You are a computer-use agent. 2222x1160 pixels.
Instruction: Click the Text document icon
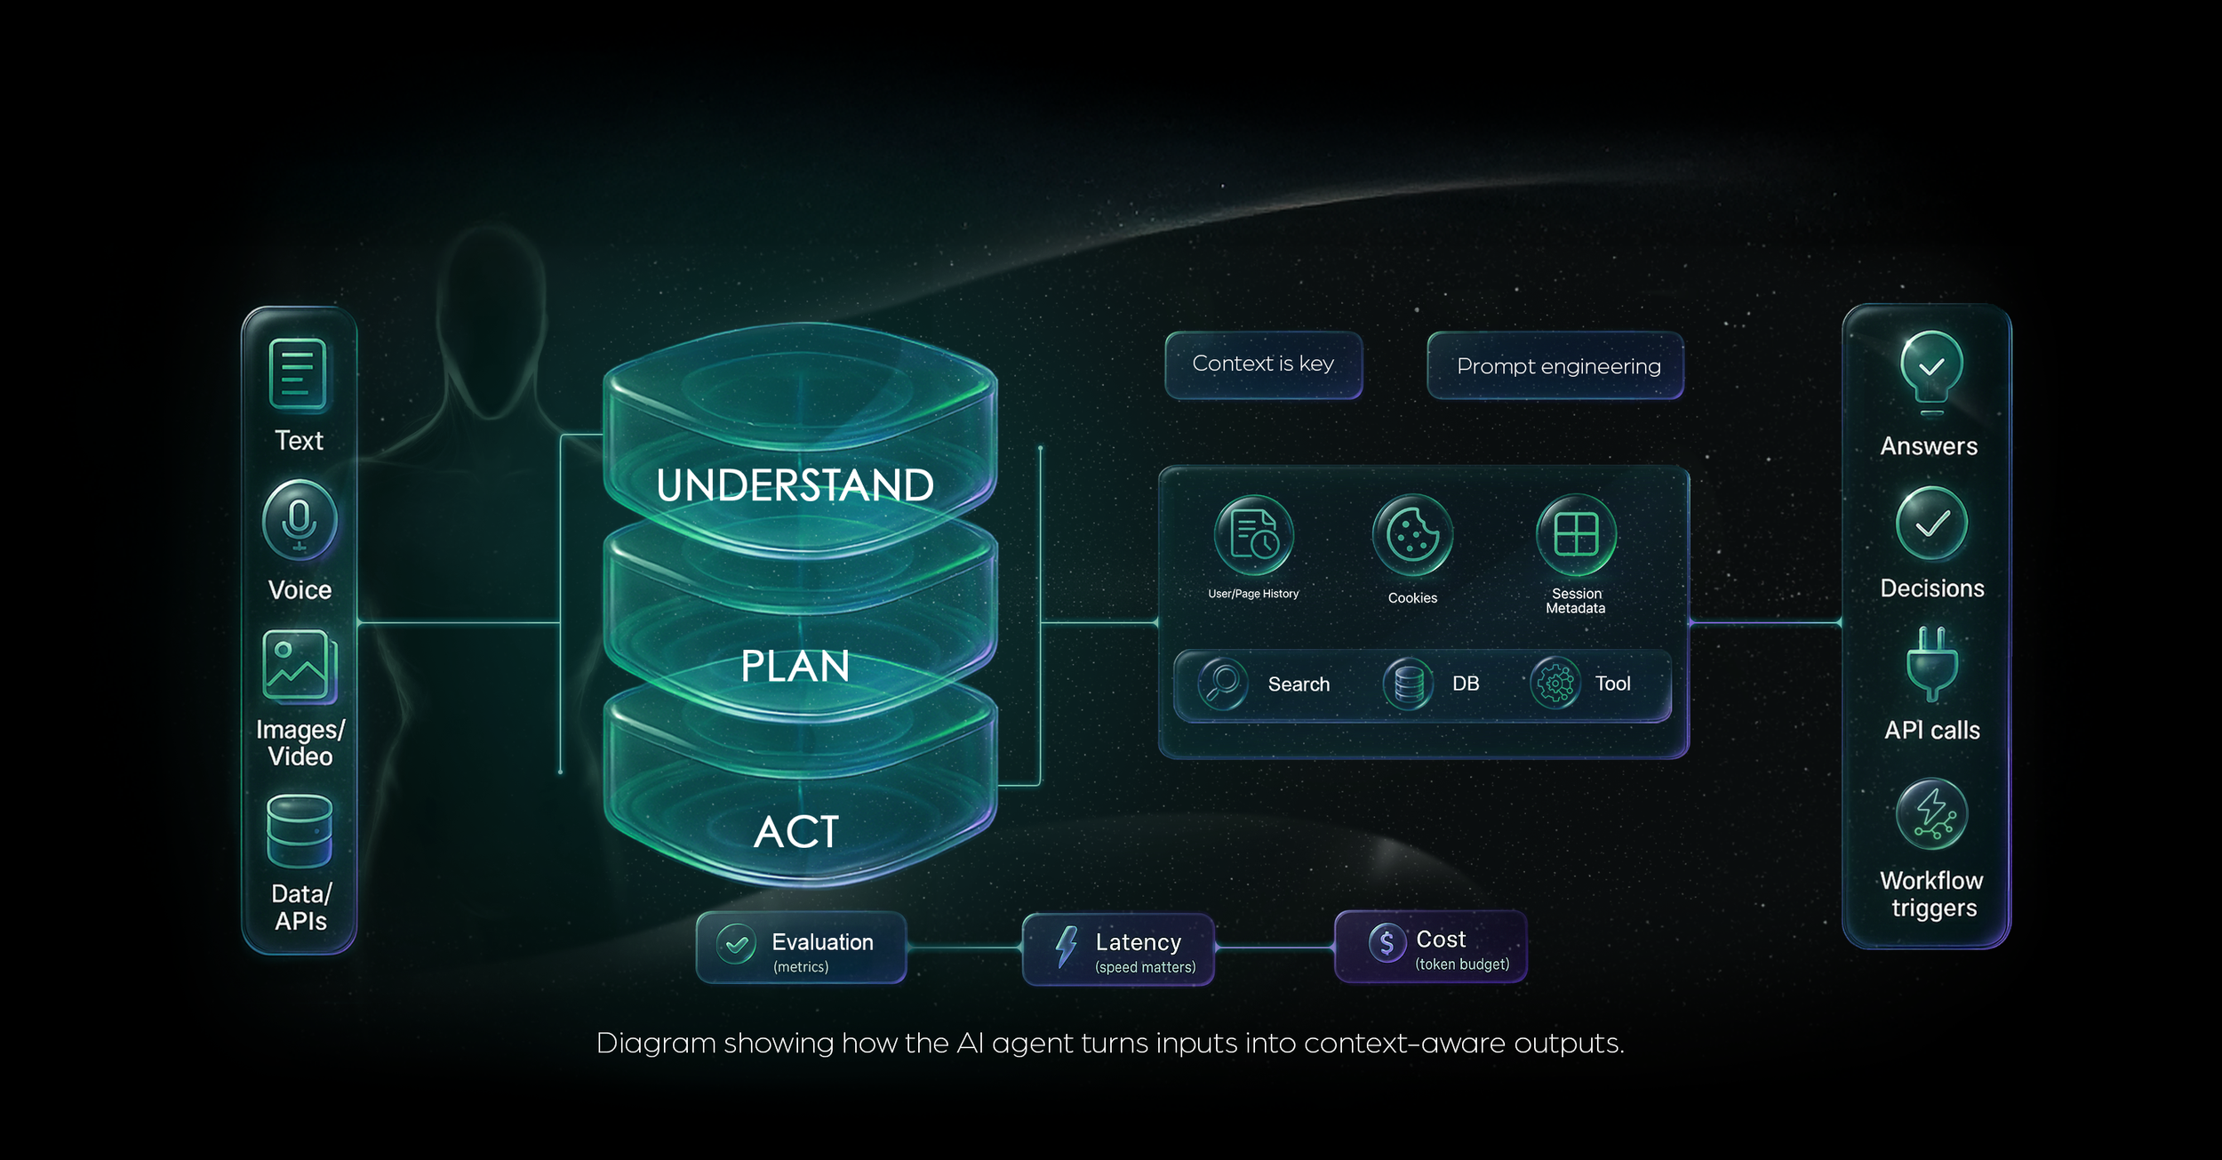(x=298, y=375)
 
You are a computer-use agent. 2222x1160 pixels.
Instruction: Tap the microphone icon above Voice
(x=300, y=520)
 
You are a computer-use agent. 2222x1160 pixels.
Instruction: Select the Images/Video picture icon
(x=300, y=666)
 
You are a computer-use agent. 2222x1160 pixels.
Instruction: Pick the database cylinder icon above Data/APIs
(x=300, y=831)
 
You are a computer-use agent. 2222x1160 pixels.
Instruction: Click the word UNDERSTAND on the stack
(x=795, y=485)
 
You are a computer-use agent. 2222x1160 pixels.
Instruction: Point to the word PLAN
(x=795, y=667)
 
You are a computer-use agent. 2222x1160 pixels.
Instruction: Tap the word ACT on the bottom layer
(x=796, y=832)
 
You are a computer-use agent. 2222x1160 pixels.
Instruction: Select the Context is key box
(x=1263, y=364)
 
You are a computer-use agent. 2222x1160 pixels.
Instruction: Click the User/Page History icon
(x=1253, y=535)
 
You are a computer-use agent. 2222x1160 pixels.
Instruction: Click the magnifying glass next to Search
(x=1223, y=684)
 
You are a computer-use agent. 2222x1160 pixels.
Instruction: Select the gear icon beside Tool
(x=1555, y=684)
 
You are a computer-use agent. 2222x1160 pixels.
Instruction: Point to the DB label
(x=1466, y=684)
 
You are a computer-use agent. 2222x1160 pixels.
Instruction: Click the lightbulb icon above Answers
(x=1931, y=369)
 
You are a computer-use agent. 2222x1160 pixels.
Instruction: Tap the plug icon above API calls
(x=1932, y=664)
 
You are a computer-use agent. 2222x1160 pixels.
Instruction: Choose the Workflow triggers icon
(x=1932, y=814)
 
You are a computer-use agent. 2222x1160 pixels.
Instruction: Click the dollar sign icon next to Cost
(x=1387, y=942)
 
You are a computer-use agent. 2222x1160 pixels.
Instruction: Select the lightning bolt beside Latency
(x=1066, y=946)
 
